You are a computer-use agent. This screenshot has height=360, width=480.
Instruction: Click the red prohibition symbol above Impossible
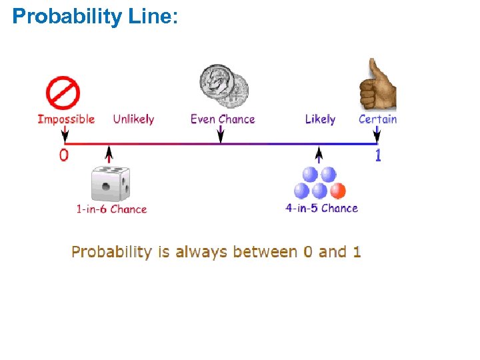[63, 93]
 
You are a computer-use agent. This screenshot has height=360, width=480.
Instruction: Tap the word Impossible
[66, 119]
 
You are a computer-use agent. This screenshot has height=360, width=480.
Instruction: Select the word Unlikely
[133, 119]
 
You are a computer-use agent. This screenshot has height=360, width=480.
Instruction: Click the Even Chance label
[223, 119]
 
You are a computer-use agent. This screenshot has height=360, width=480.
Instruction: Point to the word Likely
[320, 119]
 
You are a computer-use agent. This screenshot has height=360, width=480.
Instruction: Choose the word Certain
[377, 119]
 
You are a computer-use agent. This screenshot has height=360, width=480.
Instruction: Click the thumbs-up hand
[377, 85]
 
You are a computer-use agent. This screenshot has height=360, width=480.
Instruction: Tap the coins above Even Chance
[224, 85]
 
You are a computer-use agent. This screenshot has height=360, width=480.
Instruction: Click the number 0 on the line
[63, 155]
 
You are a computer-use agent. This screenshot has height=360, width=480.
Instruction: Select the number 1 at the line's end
[378, 155]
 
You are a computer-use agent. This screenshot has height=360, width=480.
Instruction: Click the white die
[111, 183]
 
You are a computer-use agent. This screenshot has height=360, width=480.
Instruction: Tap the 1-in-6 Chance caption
[111, 209]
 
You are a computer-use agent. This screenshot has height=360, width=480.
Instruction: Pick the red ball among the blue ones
[338, 191]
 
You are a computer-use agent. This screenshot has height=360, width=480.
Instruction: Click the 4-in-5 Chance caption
[322, 208]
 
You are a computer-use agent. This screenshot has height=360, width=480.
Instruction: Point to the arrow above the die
[109, 155]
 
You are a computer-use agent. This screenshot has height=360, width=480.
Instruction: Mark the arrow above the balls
[319, 155]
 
